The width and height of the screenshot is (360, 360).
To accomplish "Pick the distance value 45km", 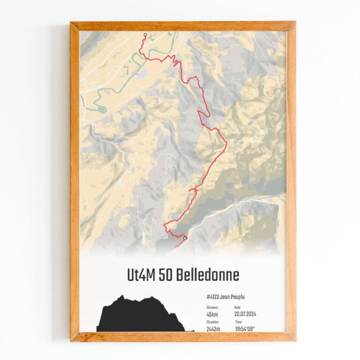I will pos(211,314).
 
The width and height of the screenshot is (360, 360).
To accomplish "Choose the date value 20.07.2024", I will pos(246,314).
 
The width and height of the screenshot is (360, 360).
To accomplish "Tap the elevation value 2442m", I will pos(214,329).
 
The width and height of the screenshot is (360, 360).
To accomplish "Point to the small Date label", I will pos(238,307).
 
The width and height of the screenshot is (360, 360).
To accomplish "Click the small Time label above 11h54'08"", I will pos(239,322).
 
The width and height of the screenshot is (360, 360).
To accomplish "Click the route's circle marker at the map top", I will pos(145,35).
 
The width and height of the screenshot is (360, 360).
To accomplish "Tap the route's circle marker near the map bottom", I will pos(185,238).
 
